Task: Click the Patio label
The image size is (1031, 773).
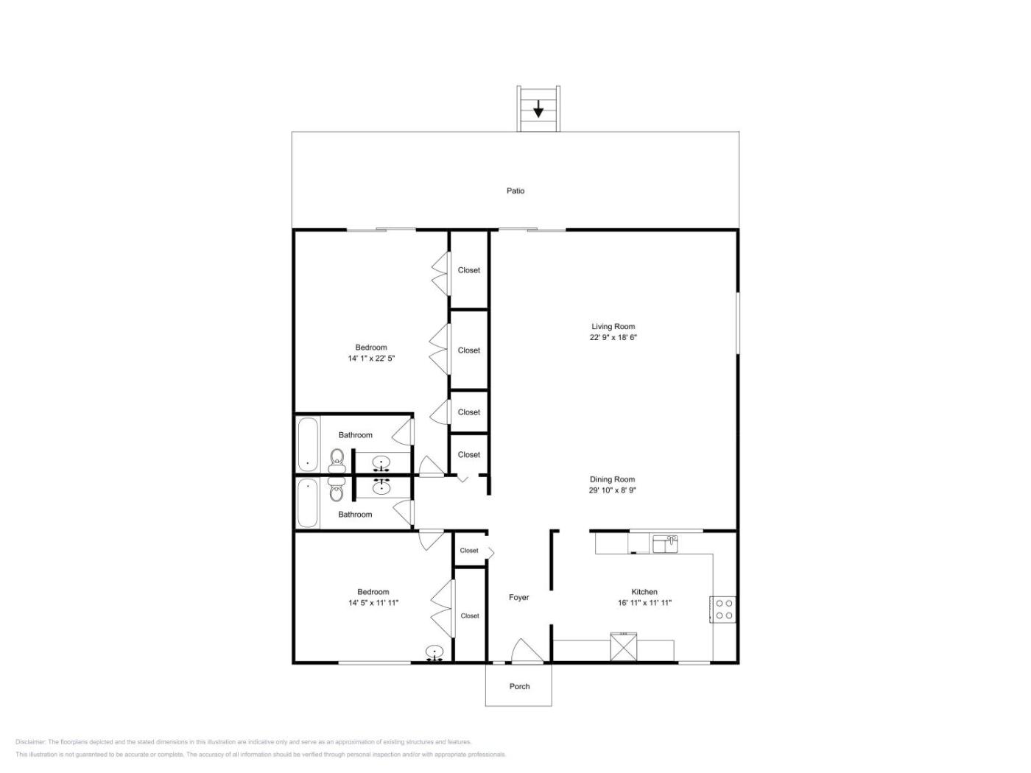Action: pos(515,191)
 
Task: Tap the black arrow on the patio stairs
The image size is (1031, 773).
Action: pos(538,110)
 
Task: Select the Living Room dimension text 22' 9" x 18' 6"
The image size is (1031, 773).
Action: pos(613,337)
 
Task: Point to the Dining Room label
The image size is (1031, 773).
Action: pos(612,479)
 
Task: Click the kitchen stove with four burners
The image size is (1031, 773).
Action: pos(723,610)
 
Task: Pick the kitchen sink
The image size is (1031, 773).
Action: pos(664,545)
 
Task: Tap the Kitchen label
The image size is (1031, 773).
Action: pos(644,592)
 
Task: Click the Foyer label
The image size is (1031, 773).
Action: pos(518,597)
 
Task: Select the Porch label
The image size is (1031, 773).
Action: pos(519,686)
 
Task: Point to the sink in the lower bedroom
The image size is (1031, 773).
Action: pos(434,653)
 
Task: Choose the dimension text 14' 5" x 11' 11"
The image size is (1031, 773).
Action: pos(373,603)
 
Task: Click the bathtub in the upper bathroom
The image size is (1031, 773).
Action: pos(308,444)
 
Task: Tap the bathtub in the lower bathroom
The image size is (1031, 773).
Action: pos(308,503)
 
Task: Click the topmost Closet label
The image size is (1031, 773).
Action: pos(469,270)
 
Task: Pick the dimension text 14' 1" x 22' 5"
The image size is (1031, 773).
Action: pos(371,358)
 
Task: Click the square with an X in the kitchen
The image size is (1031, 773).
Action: pos(623,647)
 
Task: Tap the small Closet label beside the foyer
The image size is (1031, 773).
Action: pos(469,551)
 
